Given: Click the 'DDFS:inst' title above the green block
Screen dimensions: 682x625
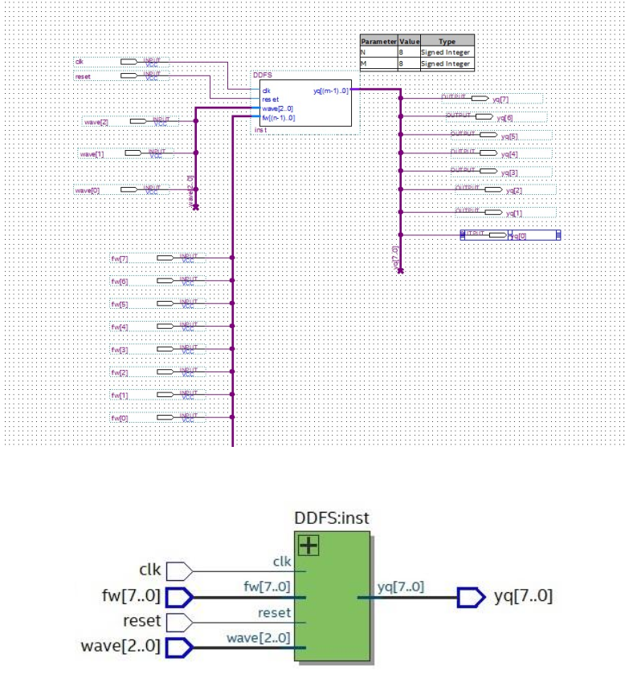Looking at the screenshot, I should pos(332,519).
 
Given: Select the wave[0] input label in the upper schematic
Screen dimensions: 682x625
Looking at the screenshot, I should pos(84,190).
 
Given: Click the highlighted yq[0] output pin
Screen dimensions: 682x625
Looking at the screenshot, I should pos(509,235).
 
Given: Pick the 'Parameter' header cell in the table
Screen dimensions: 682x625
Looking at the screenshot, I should pos(378,40).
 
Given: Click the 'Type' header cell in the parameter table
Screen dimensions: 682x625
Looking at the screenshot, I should pos(446,40).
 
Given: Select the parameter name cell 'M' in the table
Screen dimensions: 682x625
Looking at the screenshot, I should pos(364,63).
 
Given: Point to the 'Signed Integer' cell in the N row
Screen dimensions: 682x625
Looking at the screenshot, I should pos(446,51).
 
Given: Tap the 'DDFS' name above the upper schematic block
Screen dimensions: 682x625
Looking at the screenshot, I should pos(262,75).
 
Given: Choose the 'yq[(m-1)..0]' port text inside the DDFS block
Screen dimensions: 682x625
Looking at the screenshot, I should pos(330,91).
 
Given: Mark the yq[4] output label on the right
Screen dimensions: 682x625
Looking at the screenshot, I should pos(509,154).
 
